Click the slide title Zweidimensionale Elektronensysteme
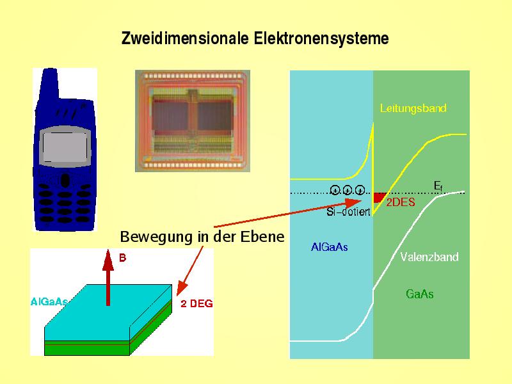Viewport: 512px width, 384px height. pyautogui.click(x=255, y=39)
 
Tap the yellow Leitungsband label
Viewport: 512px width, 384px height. pyautogui.click(x=413, y=108)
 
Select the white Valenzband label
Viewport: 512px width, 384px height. pyautogui.click(x=429, y=257)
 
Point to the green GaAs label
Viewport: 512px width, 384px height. pyautogui.click(x=420, y=294)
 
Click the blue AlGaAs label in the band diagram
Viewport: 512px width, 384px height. pyautogui.click(x=330, y=246)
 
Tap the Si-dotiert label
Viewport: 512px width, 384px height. pyautogui.click(x=348, y=212)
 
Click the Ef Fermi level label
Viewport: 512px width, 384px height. pyautogui.click(x=438, y=186)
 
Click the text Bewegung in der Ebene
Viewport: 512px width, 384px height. pyautogui.click(x=202, y=237)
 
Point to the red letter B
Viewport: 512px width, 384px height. pyautogui.click(x=123, y=259)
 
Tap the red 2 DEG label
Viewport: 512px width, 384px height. pyautogui.click(x=196, y=304)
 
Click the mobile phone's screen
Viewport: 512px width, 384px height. pyautogui.click(x=63, y=147)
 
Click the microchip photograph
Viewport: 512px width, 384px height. pyautogui.click(x=192, y=120)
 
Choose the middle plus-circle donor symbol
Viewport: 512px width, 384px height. pyautogui.click(x=347, y=189)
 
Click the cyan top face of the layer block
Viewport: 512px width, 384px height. pyautogui.click(x=109, y=314)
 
